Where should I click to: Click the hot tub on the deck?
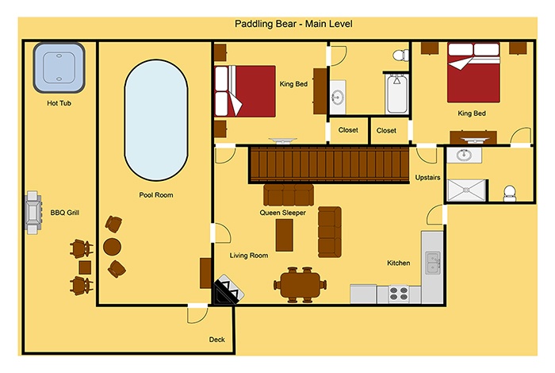[x=59, y=67]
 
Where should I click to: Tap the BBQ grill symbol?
[x=33, y=213]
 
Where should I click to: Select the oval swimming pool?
[x=155, y=120]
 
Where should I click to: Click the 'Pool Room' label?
[x=156, y=194]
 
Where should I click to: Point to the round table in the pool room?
[x=113, y=247]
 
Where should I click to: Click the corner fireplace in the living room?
[x=227, y=290]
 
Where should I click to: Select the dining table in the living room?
[x=300, y=285]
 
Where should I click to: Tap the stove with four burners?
[x=399, y=294]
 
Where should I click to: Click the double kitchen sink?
[x=433, y=263]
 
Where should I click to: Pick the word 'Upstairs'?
[x=427, y=178]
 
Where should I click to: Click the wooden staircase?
[x=329, y=165]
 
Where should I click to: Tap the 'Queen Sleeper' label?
[x=282, y=213]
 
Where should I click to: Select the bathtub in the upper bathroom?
[x=396, y=94]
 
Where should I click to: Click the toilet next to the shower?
[x=510, y=193]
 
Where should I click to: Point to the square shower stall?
[x=466, y=190]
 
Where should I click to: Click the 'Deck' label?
[x=216, y=340]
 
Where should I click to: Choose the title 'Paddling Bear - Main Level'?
[x=293, y=24]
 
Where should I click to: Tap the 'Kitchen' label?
[x=399, y=263]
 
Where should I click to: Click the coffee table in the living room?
[x=284, y=235]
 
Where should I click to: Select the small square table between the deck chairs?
[x=85, y=267]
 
